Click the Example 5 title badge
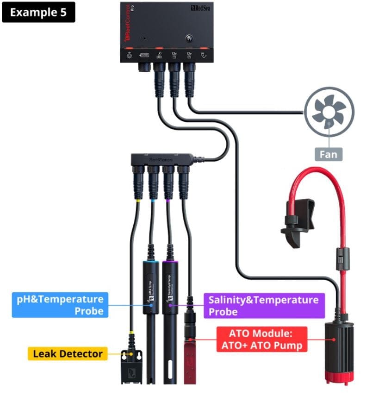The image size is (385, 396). tap(38, 13)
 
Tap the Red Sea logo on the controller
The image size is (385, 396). tap(200, 8)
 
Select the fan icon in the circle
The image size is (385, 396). tap(329, 113)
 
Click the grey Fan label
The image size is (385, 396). tap(329, 153)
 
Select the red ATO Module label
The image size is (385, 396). tap(262, 339)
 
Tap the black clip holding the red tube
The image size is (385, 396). tap(297, 222)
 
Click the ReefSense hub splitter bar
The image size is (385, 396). tap(161, 160)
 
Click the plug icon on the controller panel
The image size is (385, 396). tap(203, 56)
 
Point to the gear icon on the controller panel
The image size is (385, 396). tap(129, 56)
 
